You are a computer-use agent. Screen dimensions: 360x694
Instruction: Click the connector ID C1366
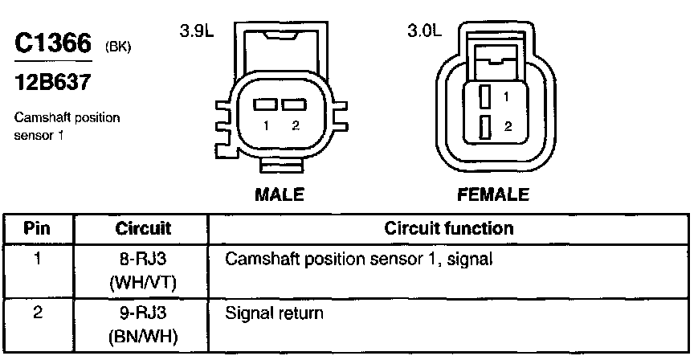click(x=53, y=44)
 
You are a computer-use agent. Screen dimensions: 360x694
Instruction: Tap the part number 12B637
click(x=50, y=82)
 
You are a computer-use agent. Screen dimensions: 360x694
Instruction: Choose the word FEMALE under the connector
click(x=493, y=194)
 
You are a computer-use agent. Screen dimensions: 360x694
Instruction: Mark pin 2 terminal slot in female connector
click(x=485, y=127)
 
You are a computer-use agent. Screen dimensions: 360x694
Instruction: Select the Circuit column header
click(x=144, y=228)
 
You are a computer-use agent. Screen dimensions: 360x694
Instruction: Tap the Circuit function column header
click(x=450, y=228)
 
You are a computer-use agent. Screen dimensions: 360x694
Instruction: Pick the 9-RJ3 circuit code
click(x=144, y=313)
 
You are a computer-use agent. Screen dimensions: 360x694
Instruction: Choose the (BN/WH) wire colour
click(x=144, y=336)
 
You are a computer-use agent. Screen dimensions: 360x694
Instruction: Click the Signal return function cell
click(x=274, y=313)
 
